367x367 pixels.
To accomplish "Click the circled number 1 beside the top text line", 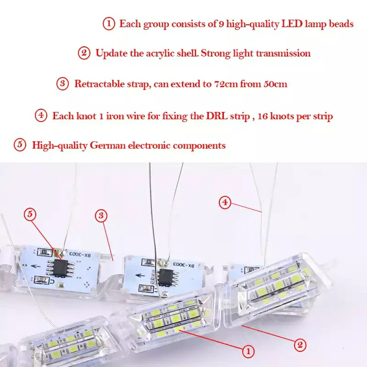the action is click(109, 24).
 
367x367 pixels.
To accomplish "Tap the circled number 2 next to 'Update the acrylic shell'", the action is click(84, 53).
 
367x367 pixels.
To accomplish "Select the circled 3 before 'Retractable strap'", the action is click(62, 84).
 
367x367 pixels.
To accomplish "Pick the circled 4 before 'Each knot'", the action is click(41, 116).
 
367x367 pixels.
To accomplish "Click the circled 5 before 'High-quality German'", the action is click(20, 145).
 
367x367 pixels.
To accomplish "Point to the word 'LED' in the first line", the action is click(292, 24).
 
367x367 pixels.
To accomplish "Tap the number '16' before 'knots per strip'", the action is click(262, 117).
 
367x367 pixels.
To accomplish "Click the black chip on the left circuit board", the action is click(60, 268).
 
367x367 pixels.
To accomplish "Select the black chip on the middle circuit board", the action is click(166, 278).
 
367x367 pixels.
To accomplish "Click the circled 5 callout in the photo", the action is click(30, 214).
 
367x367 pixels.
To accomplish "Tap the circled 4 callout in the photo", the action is click(225, 202).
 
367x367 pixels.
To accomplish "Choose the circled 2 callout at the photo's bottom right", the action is click(300, 345).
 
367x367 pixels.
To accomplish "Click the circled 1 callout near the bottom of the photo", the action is click(248, 351).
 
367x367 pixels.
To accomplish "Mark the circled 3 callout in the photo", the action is click(101, 215).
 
